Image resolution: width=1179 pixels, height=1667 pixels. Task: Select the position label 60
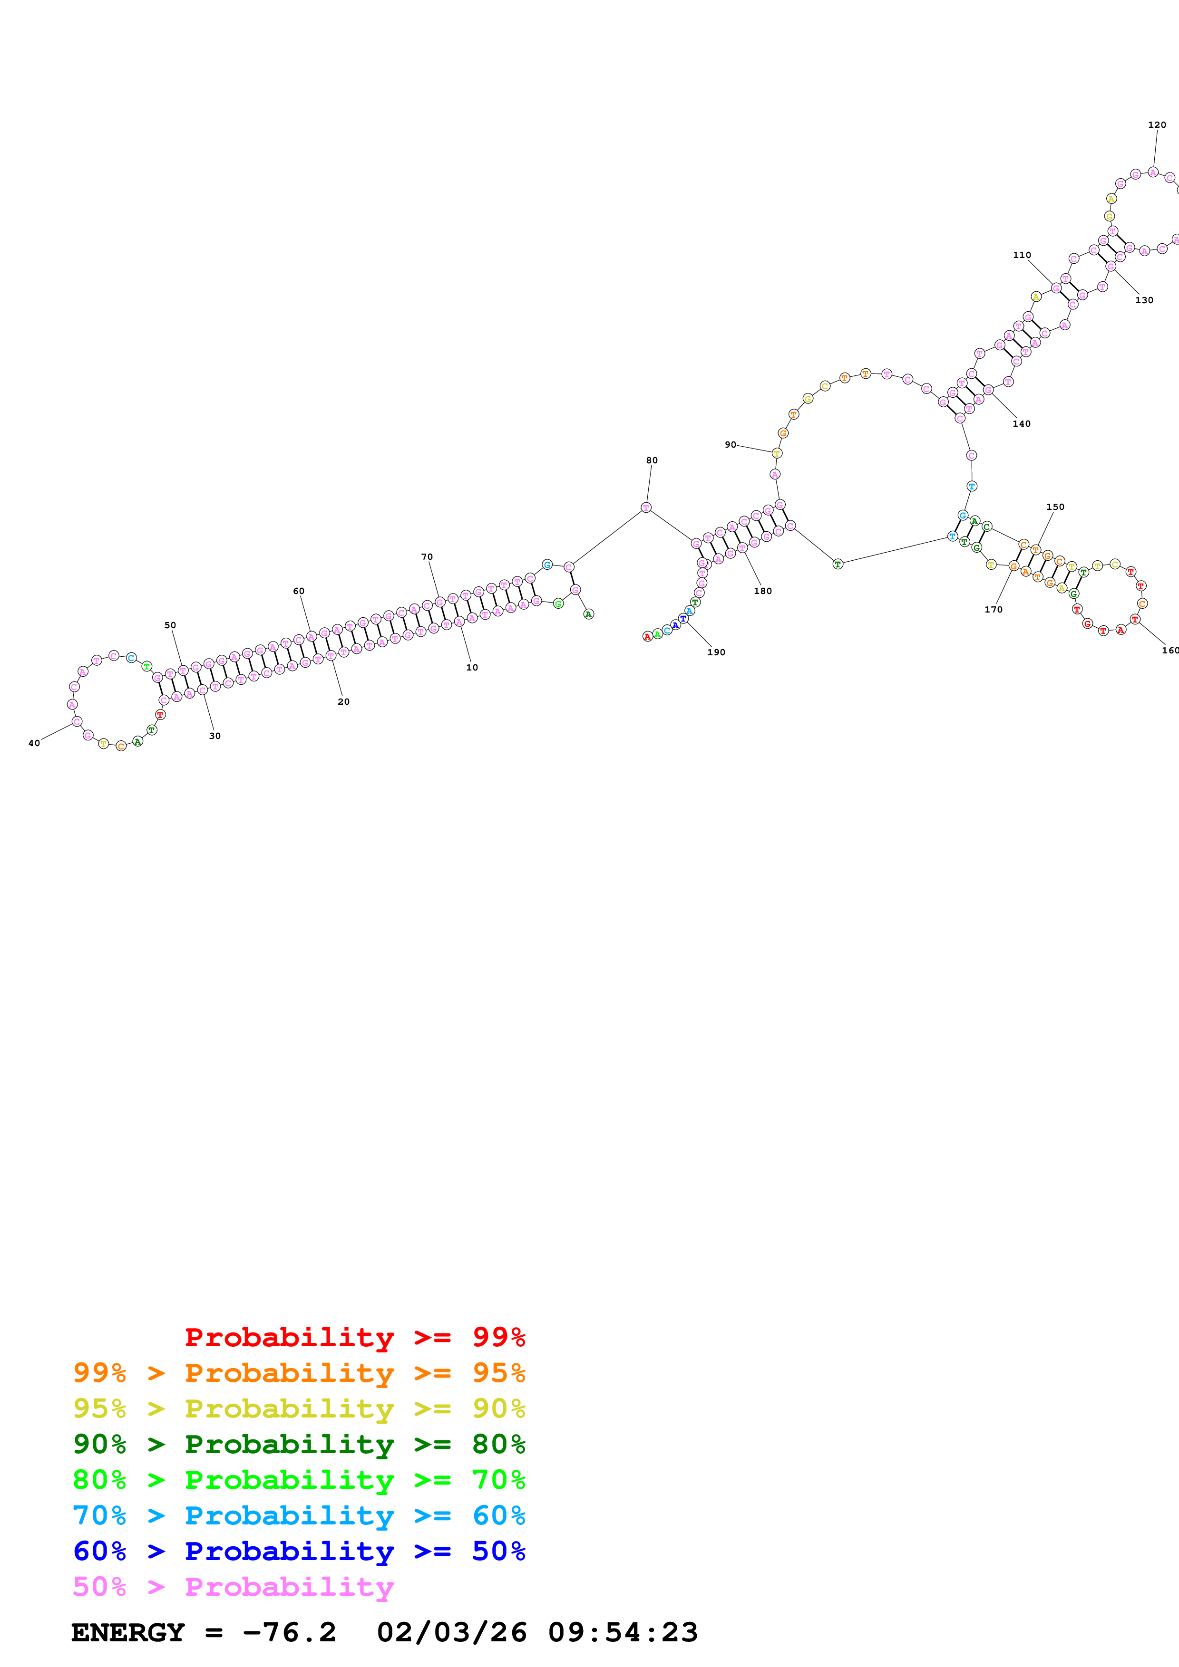[x=299, y=591]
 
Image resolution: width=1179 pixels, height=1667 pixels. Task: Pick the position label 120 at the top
[x=1157, y=125]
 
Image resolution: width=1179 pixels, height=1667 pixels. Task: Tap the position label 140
[x=1022, y=424]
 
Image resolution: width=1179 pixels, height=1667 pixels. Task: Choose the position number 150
[x=1055, y=507]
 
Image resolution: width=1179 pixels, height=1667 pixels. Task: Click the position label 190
[x=716, y=652]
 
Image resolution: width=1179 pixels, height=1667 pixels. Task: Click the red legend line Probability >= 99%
[x=354, y=1337]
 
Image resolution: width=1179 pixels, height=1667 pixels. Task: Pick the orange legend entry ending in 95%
[x=299, y=1373]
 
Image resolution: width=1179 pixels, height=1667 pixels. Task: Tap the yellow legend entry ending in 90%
[x=299, y=1408]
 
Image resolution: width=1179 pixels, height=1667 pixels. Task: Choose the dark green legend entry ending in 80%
[x=299, y=1444]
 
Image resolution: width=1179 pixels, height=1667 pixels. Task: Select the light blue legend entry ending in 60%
[x=299, y=1515]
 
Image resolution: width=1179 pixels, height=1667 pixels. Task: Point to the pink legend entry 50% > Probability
[x=233, y=1586]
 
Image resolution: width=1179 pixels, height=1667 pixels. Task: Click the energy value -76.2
[x=290, y=1632]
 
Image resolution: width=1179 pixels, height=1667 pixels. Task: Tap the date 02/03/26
[x=452, y=1632]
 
